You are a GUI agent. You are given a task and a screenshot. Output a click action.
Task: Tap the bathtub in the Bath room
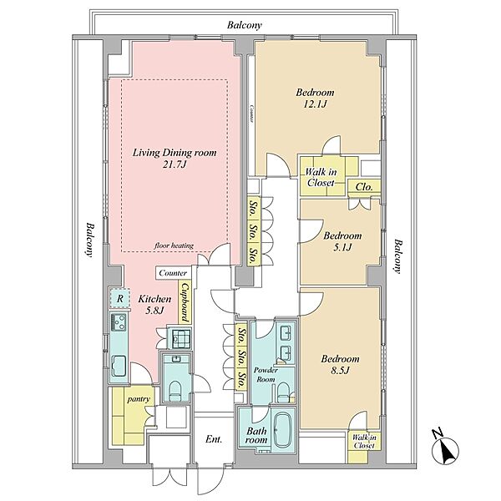coord(282,430)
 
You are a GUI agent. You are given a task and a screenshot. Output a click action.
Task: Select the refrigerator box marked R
coord(119,298)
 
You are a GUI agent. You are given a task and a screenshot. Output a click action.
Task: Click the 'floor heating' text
coord(174,245)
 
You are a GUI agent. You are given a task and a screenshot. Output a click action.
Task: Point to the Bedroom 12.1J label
coord(315,98)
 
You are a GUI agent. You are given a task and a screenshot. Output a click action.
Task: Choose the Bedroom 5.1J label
coord(342,241)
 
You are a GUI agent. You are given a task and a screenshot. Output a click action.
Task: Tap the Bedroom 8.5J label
coord(340,364)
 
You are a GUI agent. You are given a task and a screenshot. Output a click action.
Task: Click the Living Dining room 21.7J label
coord(175,158)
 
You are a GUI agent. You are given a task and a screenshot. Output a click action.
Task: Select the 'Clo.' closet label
coord(364,186)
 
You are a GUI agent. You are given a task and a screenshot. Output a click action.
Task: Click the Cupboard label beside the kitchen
coord(185,302)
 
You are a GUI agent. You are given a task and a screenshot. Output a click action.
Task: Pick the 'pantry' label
coord(139,399)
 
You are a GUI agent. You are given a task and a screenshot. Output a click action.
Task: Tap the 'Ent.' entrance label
coord(214,439)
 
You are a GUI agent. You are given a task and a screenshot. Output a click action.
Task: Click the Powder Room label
coord(266,374)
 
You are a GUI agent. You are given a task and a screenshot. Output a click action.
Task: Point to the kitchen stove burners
coord(119,322)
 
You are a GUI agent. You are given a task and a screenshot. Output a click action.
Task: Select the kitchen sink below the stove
coord(119,366)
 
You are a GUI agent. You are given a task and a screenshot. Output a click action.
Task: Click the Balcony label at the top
coord(245,25)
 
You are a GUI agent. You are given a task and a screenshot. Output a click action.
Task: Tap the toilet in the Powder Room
coord(283,392)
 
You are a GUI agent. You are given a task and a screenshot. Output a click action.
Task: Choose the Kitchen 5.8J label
coord(154,304)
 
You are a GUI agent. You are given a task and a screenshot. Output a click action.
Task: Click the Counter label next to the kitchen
coord(173,273)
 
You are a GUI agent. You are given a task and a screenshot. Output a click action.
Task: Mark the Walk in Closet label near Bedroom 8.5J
coord(364,441)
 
